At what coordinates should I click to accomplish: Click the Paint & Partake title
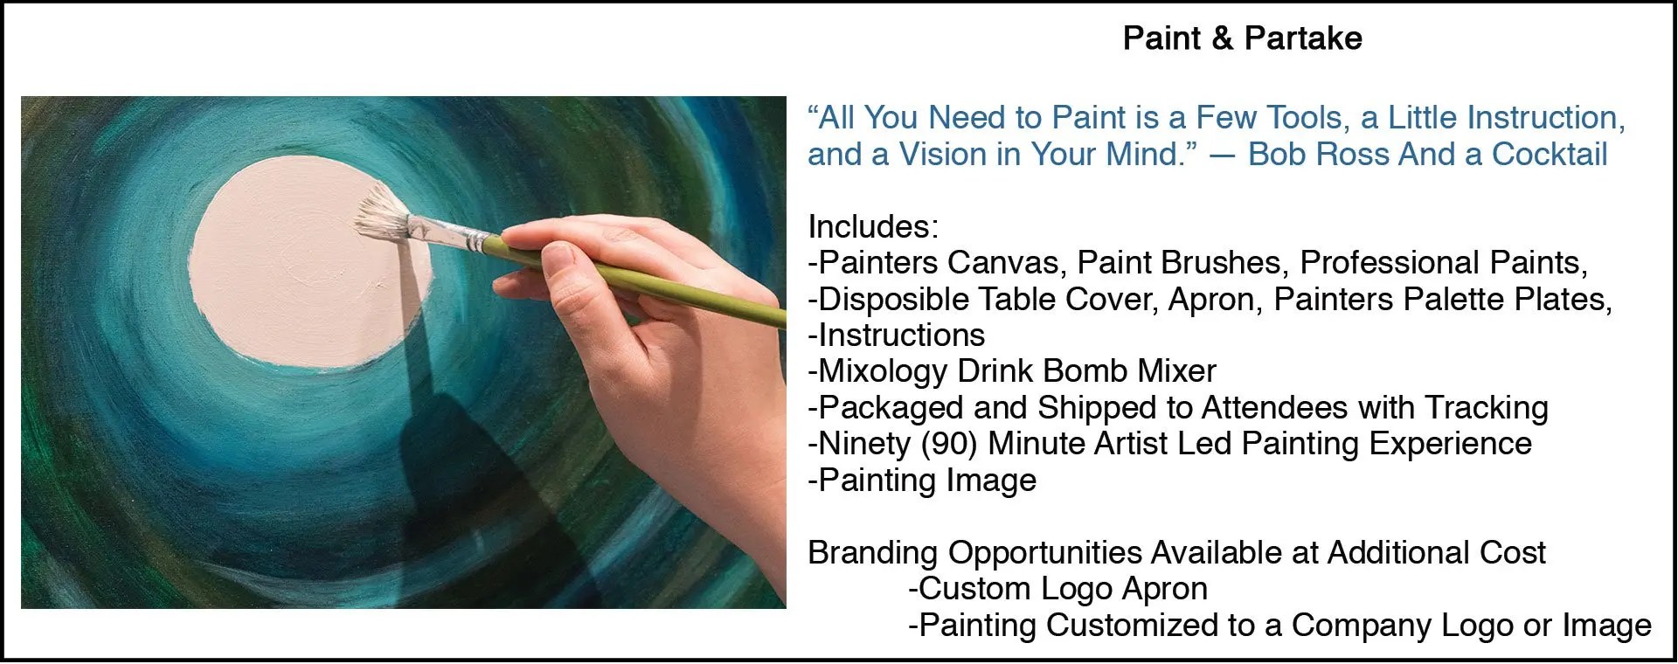pyautogui.click(x=1242, y=38)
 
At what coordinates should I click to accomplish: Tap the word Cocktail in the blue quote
pyautogui.click(x=1550, y=155)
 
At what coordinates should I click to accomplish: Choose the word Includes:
pyautogui.click(x=873, y=227)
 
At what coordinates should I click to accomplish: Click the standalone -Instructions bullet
pyautogui.click(x=897, y=335)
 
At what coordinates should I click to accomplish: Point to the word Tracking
pyautogui.click(x=1487, y=408)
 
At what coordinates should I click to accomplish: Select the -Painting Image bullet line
pyautogui.click(x=922, y=481)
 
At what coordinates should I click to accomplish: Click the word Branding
pyautogui.click(x=873, y=553)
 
